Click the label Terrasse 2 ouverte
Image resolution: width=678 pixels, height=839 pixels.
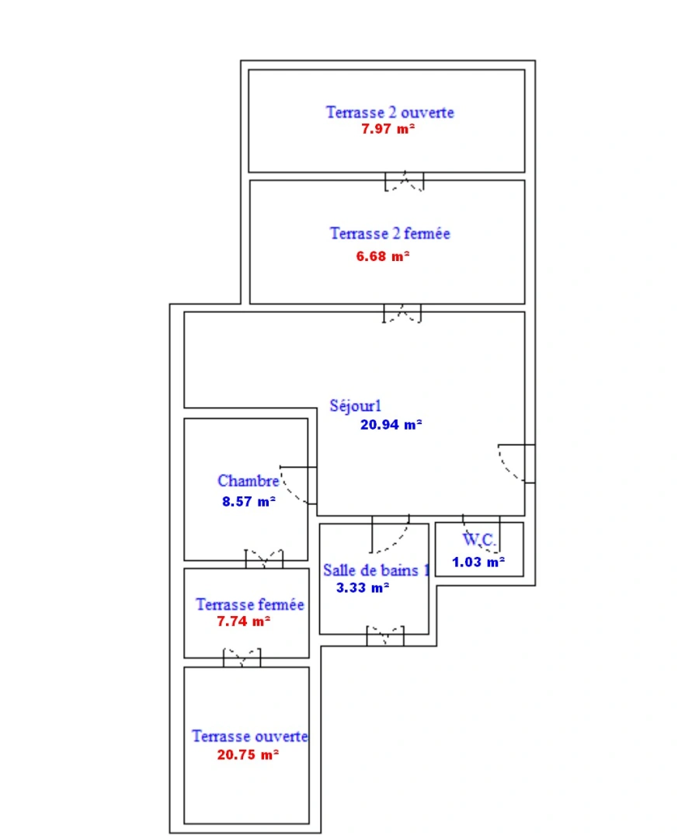390,112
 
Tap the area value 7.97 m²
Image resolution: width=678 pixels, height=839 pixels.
388,129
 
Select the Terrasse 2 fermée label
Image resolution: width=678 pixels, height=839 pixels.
390,233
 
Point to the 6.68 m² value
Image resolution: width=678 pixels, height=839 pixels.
383,256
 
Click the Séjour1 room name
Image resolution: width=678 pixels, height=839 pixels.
356,406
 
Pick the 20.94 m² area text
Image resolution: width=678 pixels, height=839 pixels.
391,424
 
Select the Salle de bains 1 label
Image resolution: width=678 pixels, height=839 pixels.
376,570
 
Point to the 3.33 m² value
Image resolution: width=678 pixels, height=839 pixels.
363,588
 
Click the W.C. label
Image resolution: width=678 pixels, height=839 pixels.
478,539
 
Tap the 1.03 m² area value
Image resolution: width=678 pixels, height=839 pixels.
478,562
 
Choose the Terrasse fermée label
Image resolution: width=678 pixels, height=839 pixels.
250,604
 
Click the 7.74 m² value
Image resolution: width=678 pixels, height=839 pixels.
244,621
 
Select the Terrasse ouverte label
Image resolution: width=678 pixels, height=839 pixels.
250,736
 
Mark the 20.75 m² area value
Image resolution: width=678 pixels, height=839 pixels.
248,754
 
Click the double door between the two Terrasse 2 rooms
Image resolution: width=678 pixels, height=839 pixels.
405,182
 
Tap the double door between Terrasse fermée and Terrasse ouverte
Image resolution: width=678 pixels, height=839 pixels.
242,658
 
